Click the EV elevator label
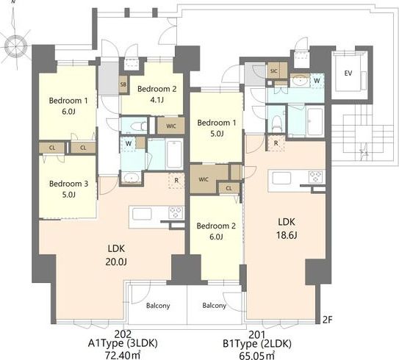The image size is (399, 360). (x=348, y=73)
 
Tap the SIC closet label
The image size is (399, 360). (x=274, y=71)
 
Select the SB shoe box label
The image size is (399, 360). (x=123, y=84)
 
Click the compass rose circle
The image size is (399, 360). (x=15, y=46)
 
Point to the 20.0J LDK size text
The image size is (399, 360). (x=116, y=262)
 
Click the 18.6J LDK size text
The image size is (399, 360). (x=287, y=235)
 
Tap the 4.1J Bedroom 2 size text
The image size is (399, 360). (x=157, y=100)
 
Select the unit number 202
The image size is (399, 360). (x=123, y=334)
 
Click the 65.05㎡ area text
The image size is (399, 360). (x=257, y=356)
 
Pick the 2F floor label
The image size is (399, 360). (x=328, y=320)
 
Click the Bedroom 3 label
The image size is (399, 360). (x=69, y=184)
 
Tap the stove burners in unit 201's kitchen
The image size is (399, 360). (x=315, y=176)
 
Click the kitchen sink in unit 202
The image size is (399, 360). (x=142, y=214)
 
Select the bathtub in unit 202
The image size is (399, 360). (x=174, y=154)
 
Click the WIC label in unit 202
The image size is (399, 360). (x=171, y=126)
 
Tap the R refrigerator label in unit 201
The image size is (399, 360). (x=276, y=143)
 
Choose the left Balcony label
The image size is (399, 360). (x=158, y=306)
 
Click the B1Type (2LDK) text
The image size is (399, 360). (x=257, y=344)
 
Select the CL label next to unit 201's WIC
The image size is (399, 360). (x=229, y=188)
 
